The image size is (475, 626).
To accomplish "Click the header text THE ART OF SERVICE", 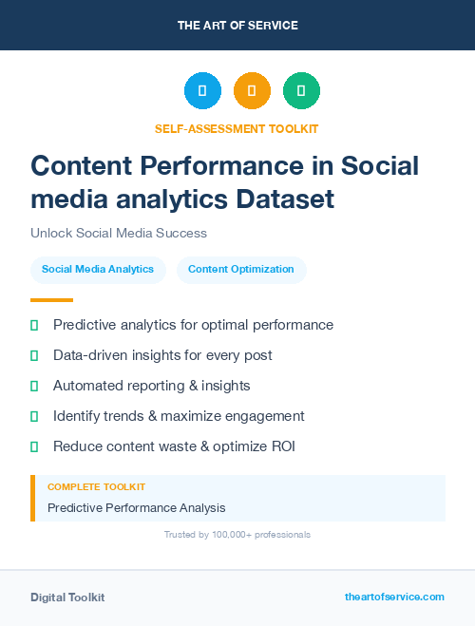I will [x=237, y=25].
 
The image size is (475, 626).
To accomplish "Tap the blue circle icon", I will [x=202, y=91].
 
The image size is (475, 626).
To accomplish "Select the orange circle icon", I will [x=252, y=91].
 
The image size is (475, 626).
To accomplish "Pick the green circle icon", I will [x=301, y=91].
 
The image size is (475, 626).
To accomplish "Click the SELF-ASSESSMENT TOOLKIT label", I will [x=237, y=128].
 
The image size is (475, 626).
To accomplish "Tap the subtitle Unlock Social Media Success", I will [x=119, y=233].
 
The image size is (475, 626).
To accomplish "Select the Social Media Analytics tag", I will [x=98, y=270].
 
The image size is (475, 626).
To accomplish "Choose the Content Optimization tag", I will [x=241, y=270].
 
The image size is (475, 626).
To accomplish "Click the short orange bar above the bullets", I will [x=38, y=300].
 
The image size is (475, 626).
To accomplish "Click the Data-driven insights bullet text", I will [x=162, y=355].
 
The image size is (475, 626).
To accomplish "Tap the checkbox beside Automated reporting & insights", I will [x=34, y=386].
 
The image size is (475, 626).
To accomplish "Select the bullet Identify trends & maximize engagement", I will [x=179, y=416].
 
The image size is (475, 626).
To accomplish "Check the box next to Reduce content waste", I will [x=34, y=446].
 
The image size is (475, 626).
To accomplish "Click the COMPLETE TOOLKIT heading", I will [x=91, y=487].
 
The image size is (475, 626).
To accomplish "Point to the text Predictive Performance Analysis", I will [x=137, y=508].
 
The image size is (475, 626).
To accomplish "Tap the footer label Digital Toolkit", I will [x=67, y=598].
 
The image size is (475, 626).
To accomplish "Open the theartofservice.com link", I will [x=394, y=597].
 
